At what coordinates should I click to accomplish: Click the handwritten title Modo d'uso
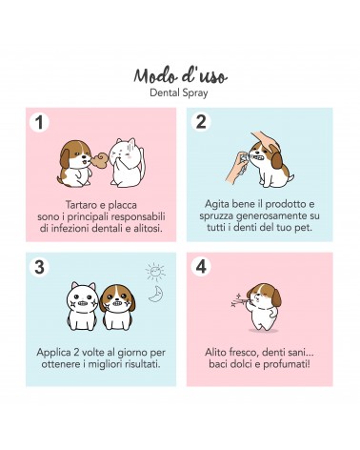180,76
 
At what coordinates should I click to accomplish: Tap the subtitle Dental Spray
179,93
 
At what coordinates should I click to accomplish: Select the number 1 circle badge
39,122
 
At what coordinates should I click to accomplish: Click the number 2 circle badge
201,122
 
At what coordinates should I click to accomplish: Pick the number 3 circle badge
39,267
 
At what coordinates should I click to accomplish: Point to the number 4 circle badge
201,267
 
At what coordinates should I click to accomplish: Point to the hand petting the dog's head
266,140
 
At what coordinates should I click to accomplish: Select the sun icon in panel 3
155,272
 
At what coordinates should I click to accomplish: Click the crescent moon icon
156,294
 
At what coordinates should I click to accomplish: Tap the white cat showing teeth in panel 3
82,306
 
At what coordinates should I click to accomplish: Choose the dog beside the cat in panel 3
117,307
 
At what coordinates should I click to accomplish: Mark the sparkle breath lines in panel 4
238,300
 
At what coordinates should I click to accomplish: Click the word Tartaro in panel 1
80,205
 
